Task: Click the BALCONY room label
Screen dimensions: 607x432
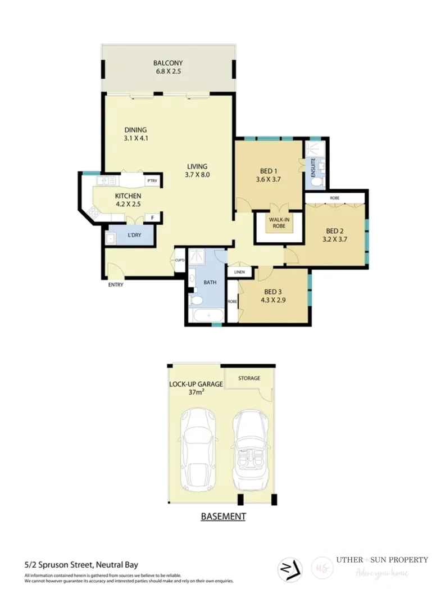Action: click(167, 64)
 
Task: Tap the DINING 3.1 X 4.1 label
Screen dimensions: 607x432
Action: click(135, 134)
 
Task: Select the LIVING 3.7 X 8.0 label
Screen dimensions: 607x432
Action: click(197, 170)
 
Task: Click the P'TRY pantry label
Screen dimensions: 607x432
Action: click(151, 181)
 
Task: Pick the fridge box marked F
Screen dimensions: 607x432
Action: click(152, 218)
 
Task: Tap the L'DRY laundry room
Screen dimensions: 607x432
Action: click(134, 235)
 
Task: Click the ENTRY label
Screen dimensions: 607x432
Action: click(116, 284)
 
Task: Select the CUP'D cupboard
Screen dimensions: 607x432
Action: click(180, 260)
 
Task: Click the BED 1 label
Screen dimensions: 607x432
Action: click(268, 171)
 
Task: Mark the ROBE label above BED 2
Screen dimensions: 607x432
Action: click(334, 198)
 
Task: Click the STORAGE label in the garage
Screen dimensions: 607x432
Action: click(249, 378)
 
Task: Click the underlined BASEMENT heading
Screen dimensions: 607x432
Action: click(223, 516)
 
